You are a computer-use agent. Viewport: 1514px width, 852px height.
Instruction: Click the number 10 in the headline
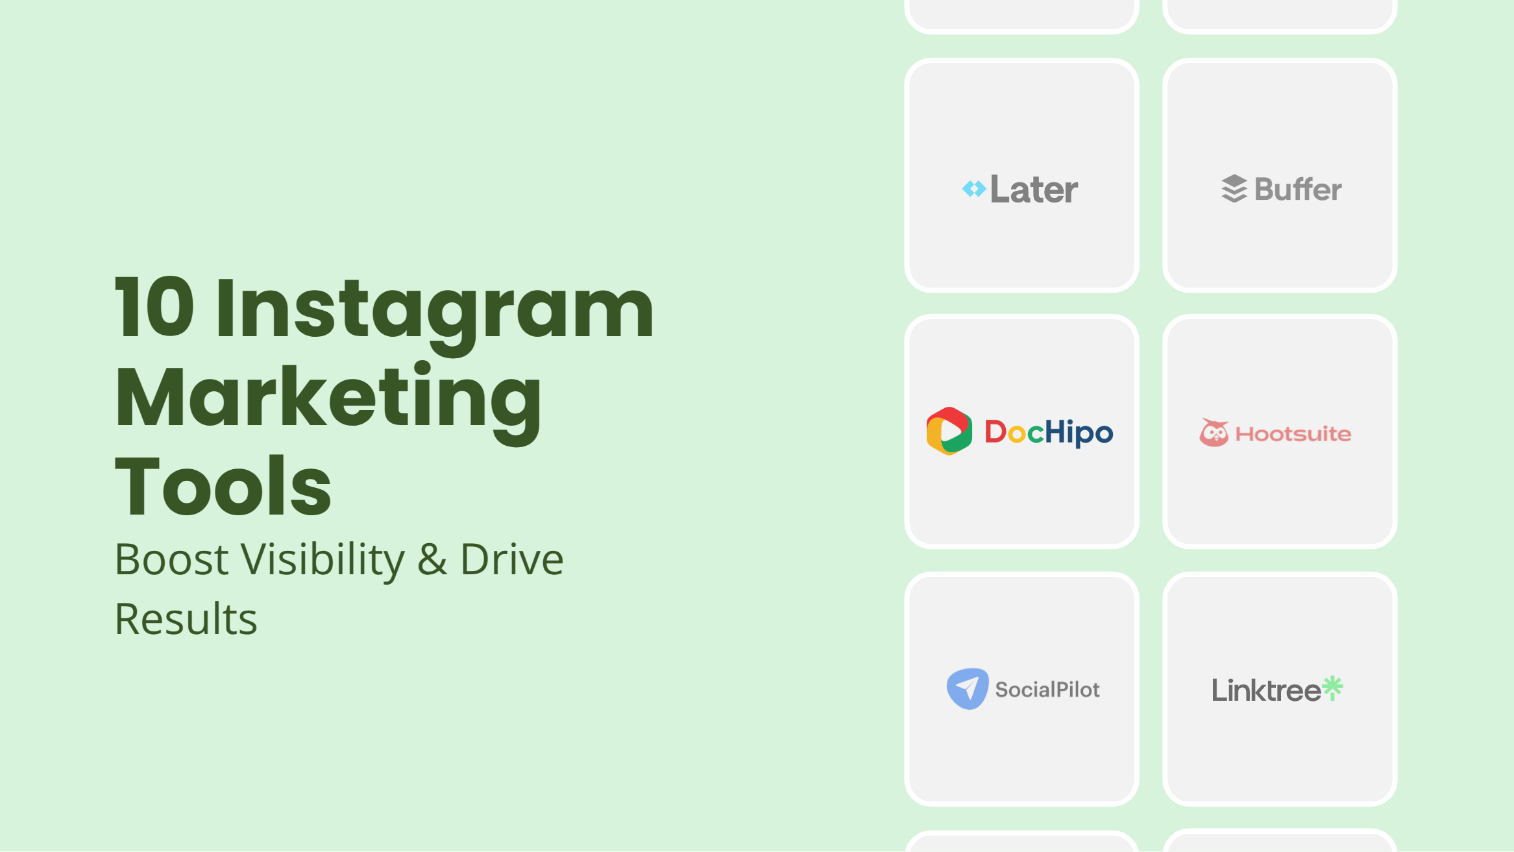pyautogui.click(x=154, y=307)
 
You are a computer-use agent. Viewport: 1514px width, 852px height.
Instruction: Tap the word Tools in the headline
pyautogui.click(x=223, y=485)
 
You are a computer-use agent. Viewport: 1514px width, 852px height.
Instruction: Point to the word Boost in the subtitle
pyautogui.click(x=171, y=559)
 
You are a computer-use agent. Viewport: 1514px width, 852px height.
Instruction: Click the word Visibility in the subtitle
pyautogui.click(x=323, y=561)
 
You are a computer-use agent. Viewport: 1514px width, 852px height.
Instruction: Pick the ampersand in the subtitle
pyautogui.click(x=432, y=559)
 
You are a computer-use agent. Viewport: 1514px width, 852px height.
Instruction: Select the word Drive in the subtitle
pyautogui.click(x=512, y=559)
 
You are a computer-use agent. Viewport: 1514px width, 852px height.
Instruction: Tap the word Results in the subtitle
pyautogui.click(x=186, y=618)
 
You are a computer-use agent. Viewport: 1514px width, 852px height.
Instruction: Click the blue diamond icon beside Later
pyautogui.click(x=974, y=189)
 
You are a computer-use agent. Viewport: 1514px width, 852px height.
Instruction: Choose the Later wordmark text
pyautogui.click(x=1034, y=189)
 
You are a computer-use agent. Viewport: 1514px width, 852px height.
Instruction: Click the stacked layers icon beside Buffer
pyautogui.click(x=1234, y=189)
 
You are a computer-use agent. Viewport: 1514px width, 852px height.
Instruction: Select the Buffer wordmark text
pyautogui.click(x=1298, y=189)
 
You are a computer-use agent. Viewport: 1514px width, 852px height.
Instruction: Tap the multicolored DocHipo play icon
pyautogui.click(x=949, y=432)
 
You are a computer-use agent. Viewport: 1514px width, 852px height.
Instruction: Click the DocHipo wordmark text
pyautogui.click(x=1049, y=433)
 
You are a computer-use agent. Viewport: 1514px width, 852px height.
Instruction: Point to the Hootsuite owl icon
pyautogui.click(x=1214, y=432)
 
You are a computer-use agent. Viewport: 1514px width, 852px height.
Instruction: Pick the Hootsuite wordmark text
pyautogui.click(x=1293, y=434)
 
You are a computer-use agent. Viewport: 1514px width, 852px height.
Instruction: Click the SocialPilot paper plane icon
pyautogui.click(x=968, y=688)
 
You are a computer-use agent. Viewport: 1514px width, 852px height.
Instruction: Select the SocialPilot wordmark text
pyautogui.click(x=1047, y=690)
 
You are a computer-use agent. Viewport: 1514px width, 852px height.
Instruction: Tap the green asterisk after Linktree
pyautogui.click(x=1333, y=688)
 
